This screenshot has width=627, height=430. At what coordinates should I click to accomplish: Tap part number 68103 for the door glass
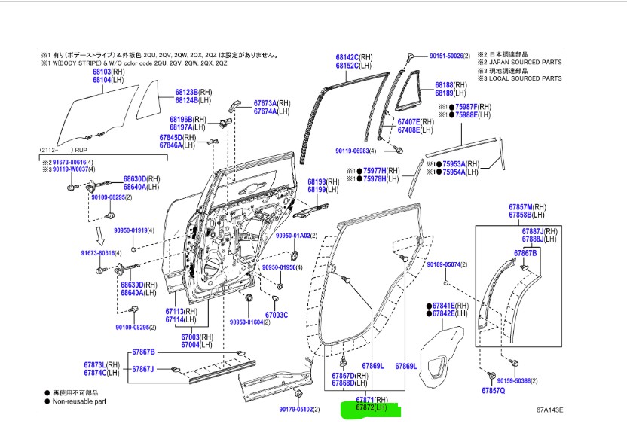click(102, 72)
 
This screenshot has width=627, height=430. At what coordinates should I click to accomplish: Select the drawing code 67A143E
click(549, 410)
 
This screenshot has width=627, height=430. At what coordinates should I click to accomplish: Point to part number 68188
click(444, 85)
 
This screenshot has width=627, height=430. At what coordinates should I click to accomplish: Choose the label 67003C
click(277, 316)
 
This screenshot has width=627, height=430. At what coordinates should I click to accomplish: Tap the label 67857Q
click(494, 391)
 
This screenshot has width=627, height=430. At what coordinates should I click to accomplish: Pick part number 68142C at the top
click(347, 56)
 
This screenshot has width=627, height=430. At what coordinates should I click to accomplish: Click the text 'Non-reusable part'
click(79, 401)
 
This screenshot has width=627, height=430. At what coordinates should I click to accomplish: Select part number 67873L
click(95, 364)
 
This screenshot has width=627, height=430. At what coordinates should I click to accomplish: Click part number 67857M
click(520, 206)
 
